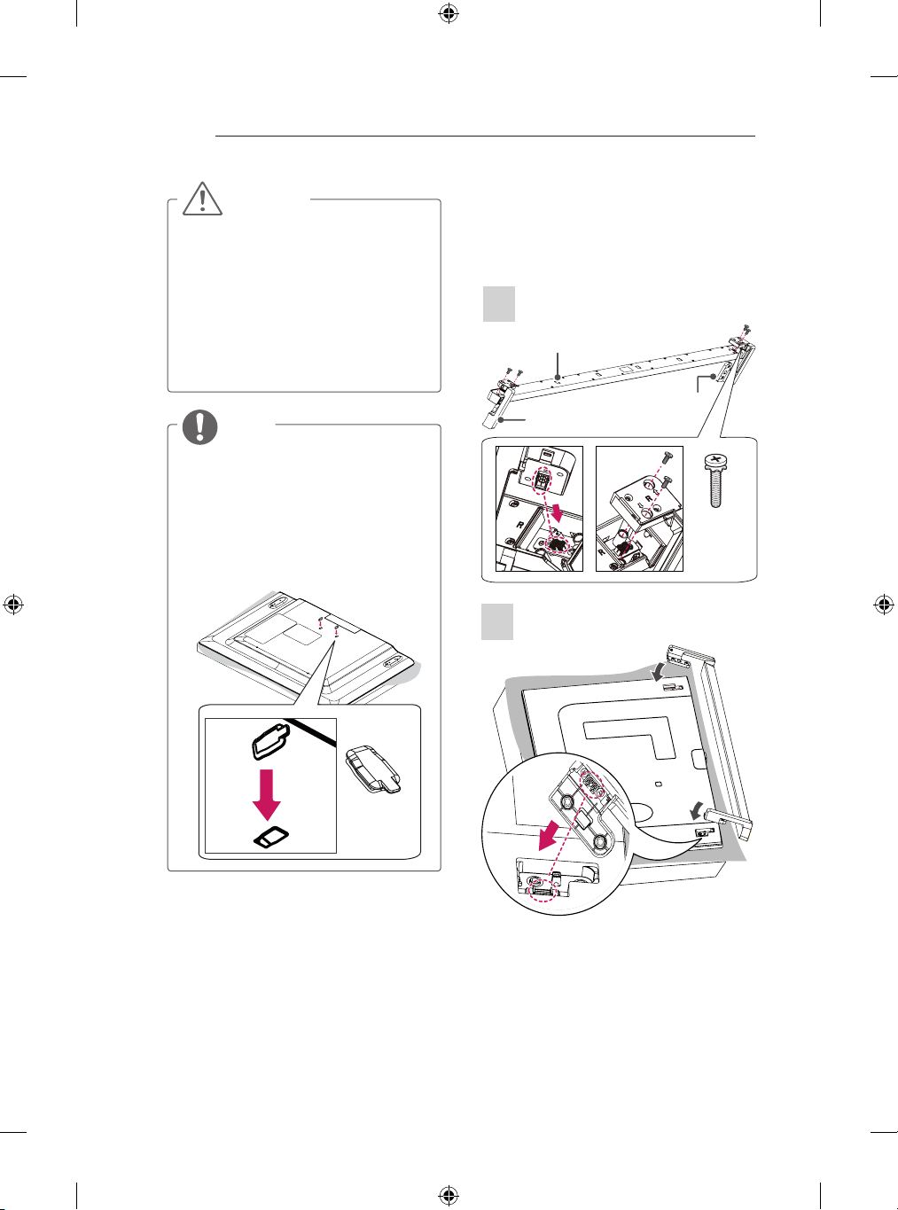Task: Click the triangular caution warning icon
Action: tap(202, 199)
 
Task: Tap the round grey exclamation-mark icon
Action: tap(200, 426)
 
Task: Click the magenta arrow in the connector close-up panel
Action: tap(558, 512)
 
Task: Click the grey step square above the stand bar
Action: tap(499, 304)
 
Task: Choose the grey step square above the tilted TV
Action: tap(497, 621)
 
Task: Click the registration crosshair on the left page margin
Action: tap(13, 605)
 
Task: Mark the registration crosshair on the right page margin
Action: tap(884, 605)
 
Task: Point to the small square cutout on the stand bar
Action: tap(627, 369)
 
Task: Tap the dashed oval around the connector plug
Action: tap(542, 480)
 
